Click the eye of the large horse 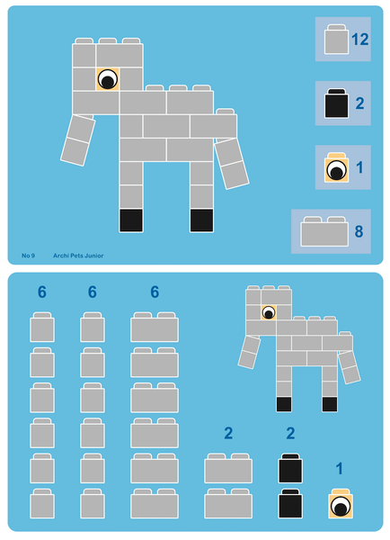coord(107,79)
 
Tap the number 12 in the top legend coord(360,40)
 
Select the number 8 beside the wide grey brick coord(359,231)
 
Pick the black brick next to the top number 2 coord(337,104)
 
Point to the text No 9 coord(28,256)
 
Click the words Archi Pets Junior coord(78,256)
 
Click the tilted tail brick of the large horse coord(231,162)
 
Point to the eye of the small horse coord(268,312)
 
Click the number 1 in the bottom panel coord(339,469)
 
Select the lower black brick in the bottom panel coord(290,504)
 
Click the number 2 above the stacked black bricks coord(290,434)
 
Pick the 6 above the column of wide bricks coord(155,292)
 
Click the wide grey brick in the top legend coord(324,231)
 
